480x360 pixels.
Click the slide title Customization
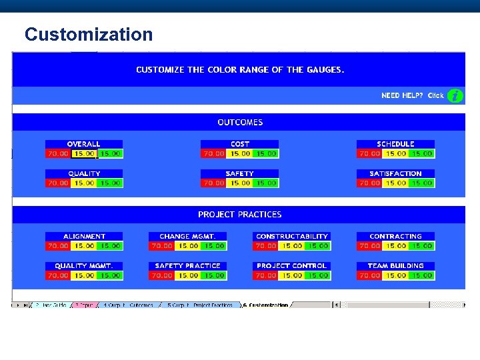89,34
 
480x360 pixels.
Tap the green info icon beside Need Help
455,96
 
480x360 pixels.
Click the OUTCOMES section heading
240,123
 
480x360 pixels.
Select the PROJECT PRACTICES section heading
239,215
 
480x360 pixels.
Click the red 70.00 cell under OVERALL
58,153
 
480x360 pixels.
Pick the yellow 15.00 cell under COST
240,153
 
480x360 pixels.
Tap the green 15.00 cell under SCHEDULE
422,153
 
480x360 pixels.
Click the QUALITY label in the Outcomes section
84,173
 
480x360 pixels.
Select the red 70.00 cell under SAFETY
214,183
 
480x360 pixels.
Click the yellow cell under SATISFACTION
396,183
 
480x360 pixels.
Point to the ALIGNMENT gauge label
84,236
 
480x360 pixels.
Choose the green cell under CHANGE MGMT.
214,245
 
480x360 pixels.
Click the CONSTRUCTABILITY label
292,236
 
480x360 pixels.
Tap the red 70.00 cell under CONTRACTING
370,245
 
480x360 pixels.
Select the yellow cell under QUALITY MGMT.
84,275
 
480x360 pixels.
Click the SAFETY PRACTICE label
187,265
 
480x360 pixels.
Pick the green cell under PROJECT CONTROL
318,275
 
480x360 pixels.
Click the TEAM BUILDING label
396,265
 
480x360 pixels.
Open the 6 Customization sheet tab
266,305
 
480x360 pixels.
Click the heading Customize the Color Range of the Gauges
240,69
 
